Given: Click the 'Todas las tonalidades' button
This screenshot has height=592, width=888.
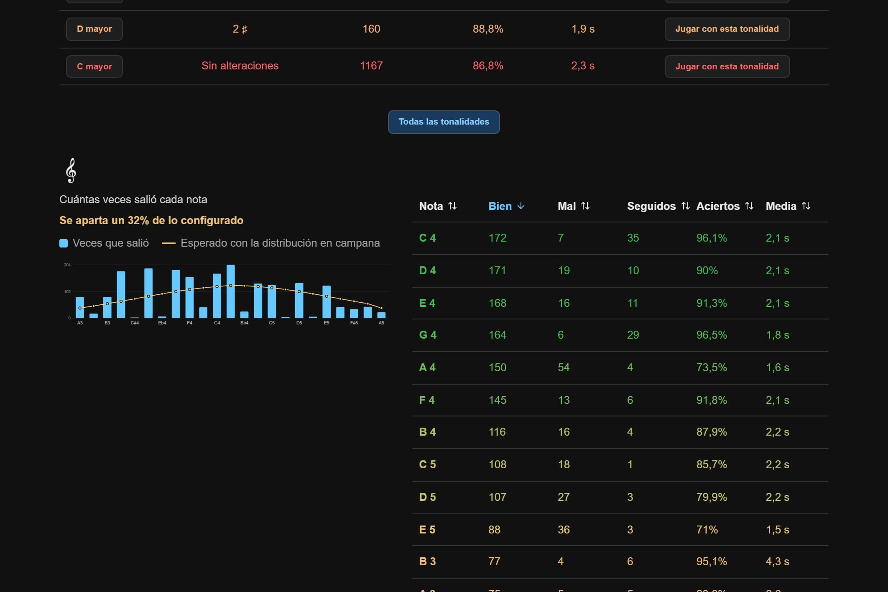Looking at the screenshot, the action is click(444, 122).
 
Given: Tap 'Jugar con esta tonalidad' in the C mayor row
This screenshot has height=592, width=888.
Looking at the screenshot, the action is click(727, 66).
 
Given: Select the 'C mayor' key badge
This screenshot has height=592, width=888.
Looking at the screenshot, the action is click(94, 66).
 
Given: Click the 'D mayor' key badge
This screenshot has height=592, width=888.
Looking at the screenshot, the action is click(94, 29).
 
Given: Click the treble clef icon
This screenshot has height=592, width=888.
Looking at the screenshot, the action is click(71, 171).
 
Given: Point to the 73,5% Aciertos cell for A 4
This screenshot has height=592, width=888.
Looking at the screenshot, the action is click(712, 367).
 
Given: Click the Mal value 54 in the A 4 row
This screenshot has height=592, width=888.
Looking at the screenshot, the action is click(564, 367).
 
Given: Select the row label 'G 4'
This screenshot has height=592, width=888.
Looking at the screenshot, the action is click(428, 335).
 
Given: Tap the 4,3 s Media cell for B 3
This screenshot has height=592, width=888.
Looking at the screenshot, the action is click(777, 561).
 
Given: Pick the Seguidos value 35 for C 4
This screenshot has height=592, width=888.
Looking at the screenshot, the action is click(633, 238).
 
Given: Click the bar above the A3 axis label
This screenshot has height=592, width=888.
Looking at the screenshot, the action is click(80, 308).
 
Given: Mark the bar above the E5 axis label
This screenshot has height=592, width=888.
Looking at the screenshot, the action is click(327, 302).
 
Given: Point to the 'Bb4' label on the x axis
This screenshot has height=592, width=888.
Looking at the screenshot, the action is click(244, 323).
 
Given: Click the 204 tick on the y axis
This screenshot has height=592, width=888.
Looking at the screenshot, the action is click(67, 265).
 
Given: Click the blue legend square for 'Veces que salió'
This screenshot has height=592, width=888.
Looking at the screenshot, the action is click(64, 243).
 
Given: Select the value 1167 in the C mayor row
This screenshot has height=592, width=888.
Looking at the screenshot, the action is click(371, 66).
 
